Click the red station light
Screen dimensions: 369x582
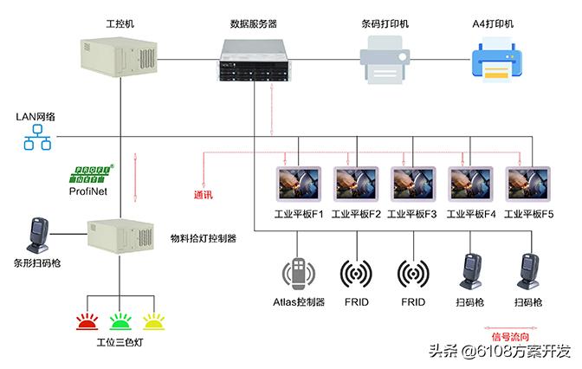point(87,322)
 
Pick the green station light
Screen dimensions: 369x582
point(120,322)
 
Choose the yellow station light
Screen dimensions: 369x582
point(153,322)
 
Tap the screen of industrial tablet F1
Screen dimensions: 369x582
point(297,182)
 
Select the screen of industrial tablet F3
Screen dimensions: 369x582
point(410,182)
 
